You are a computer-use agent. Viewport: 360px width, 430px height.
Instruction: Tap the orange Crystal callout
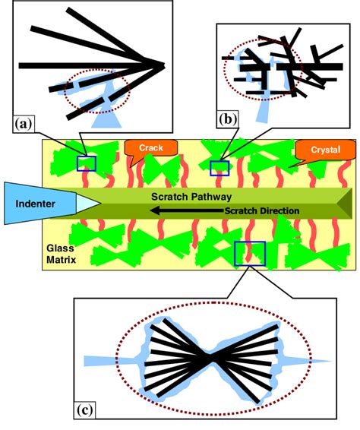[314, 150]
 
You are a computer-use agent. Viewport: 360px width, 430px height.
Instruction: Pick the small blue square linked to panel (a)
[87, 163]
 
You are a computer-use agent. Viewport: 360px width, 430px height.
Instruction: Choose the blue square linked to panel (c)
[249, 253]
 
